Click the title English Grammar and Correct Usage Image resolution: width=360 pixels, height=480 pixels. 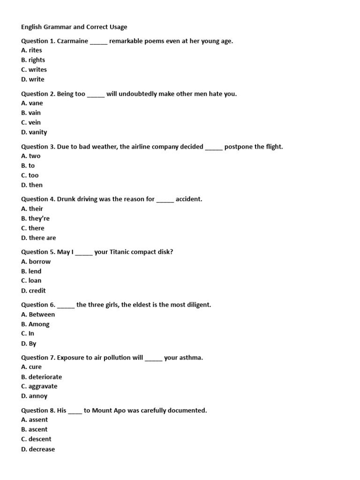(74, 27)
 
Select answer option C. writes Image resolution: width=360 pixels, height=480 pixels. (34, 70)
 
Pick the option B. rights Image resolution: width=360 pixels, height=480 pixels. (33, 60)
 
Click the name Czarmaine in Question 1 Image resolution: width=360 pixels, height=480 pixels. (72, 41)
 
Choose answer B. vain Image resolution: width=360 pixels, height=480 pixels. (31, 113)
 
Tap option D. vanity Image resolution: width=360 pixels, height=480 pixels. (34, 133)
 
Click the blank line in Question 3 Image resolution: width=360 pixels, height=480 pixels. (214, 148)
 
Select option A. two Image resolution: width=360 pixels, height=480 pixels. (31, 156)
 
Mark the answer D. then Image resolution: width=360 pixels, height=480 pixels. (32, 185)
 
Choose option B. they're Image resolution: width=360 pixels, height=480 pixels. (35, 218)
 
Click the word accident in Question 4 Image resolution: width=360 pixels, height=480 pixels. (189, 199)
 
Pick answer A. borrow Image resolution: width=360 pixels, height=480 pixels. (36, 262)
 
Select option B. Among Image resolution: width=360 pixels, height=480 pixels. (35, 324)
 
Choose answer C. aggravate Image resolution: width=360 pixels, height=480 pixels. (39, 387)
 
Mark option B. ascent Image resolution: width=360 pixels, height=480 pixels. (34, 429)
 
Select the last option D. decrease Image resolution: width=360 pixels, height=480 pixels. (38, 450)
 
